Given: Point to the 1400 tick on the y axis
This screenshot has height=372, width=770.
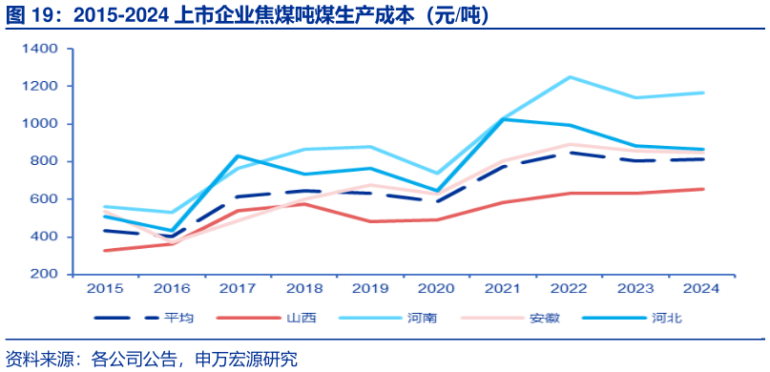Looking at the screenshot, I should pos(43,49).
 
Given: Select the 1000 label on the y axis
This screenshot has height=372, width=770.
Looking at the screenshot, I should pos(43,124).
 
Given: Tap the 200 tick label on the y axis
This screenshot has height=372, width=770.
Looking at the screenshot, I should pos(47,275).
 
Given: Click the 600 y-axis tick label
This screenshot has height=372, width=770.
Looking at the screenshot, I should pos(47,199).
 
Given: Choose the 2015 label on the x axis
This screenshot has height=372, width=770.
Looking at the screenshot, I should pos(104,287).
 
